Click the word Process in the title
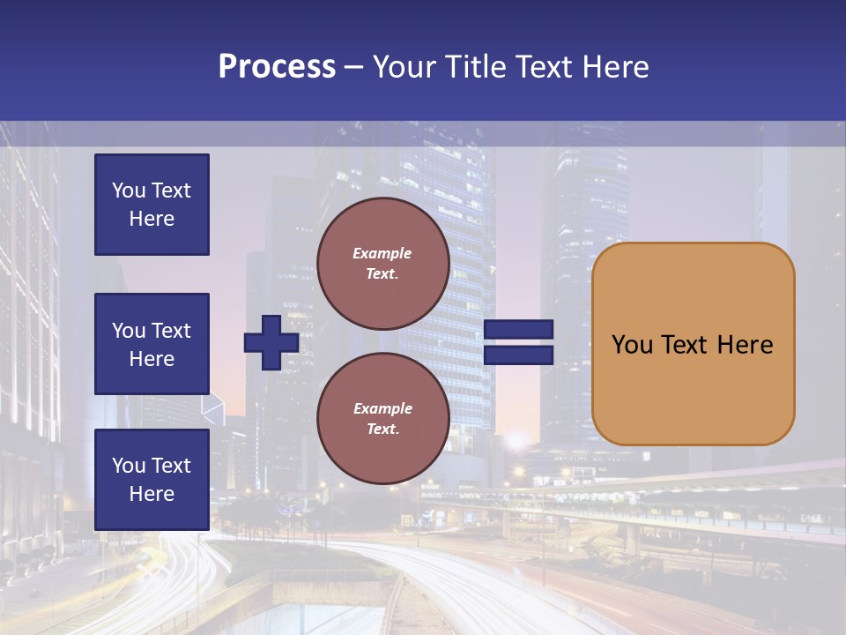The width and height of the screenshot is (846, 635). pyautogui.click(x=277, y=67)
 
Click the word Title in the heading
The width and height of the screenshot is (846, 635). pyautogui.click(x=473, y=67)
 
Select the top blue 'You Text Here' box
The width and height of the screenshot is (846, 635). pyautogui.click(x=152, y=205)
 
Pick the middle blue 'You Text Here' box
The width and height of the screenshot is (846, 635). pyautogui.click(x=152, y=344)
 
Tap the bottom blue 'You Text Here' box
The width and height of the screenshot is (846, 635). pyautogui.click(x=152, y=480)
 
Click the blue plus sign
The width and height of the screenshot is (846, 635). pyautogui.click(x=271, y=342)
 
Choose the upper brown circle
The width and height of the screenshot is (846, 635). pyautogui.click(x=382, y=264)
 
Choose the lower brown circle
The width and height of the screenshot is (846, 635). pyautogui.click(x=382, y=419)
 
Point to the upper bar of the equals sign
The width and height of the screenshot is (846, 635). pyautogui.click(x=518, y=330)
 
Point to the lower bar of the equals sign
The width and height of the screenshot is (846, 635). pyautogui.click(x=518, y=355)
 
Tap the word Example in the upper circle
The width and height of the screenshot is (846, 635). pyautogui.click(x=382, y=253)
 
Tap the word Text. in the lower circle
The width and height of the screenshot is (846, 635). pyautogui.click(x=382, y=430)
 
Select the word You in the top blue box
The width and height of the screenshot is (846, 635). pyautogui.click(x=129, y=190)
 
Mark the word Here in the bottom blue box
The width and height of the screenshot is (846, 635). pyautogui.click(x=152, y=494)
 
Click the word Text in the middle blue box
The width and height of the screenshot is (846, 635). pyautogui.click(x=171, y=331)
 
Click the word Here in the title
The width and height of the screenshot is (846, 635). pyautogui.click(x=616, y=67)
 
